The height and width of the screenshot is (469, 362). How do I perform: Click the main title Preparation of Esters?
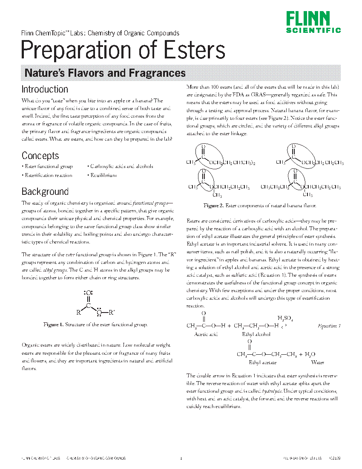point(123,50)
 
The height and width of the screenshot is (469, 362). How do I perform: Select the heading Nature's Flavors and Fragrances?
point(105,73)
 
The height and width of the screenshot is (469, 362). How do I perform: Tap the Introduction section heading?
point(45,90)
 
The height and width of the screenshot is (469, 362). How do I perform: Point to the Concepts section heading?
point(40,156)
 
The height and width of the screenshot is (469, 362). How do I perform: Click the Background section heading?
point(45,191)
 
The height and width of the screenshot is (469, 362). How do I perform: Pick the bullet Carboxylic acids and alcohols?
point(121,166)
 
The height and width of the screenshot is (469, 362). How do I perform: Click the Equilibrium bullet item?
point(102,175)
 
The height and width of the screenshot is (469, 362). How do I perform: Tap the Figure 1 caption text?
point(95,325)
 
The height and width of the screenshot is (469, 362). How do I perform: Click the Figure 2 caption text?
point(259,206)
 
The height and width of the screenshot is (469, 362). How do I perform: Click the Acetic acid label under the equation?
point(206,335)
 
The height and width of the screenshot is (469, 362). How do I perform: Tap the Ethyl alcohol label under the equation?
point(256,335)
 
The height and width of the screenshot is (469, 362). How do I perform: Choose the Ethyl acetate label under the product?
point(262,362)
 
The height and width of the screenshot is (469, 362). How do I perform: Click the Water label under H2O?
point(317,362)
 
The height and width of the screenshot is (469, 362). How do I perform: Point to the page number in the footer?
point(181,459)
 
